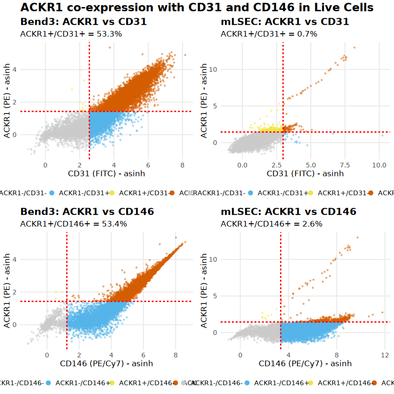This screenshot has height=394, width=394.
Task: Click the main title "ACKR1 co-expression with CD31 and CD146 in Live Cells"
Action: click(x=197, y=8)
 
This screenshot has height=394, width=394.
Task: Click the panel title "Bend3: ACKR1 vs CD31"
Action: click(x=83, y=22)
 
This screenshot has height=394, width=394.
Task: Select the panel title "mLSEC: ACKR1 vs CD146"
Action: click(x=288, y=212)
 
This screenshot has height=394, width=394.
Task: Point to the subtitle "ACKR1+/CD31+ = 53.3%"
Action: click(x=64, y=34)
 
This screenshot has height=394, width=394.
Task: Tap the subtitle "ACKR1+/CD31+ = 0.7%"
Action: click(x=269, y=34)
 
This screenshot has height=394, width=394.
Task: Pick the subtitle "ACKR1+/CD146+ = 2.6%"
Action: click(x=272, y=224)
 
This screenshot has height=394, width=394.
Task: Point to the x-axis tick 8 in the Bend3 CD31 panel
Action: click(x=182, y=165)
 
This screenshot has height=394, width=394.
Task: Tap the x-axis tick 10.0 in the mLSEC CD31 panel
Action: click(x=379, y=165)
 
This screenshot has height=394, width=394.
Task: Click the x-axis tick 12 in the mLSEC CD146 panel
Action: click(x=384, y=355)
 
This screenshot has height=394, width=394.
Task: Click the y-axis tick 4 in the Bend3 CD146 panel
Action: click(x=15, y=259)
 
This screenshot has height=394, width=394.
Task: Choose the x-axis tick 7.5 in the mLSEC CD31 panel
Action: click(x=345, y=165)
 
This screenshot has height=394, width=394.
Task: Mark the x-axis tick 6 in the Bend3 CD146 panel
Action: click(x=143, y=355)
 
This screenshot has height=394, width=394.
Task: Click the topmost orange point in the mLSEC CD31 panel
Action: click(x=354, y=47)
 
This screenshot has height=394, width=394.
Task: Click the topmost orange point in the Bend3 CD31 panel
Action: click(x=110, y=47)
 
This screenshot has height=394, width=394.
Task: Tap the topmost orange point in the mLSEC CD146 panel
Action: click(x=357, y=237)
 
